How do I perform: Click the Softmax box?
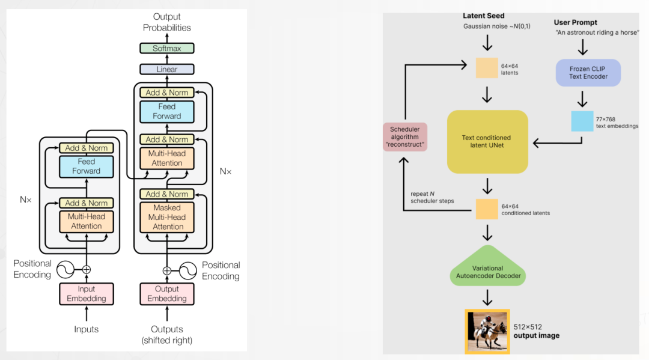point(166,48)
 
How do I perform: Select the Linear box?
point(166,69)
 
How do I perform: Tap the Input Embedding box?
point(87,294)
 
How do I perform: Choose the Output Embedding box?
point(166,294)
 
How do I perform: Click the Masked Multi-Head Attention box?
point(168,217)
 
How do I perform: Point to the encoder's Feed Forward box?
point(87,166)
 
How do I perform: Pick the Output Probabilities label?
point(166,22)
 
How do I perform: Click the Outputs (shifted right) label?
point(166,334)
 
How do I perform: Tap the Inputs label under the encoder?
point(87,329)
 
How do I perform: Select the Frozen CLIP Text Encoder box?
point(588,73)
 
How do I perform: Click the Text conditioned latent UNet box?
point(487,142)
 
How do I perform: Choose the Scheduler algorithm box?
point(405,137)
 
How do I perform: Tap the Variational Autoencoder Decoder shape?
point(487,268)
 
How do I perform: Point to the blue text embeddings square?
point(582,121)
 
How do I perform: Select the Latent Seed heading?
point(483,16)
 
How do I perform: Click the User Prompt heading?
point(575,23)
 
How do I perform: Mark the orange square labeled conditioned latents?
point(487,209)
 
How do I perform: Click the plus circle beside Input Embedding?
point(87,270)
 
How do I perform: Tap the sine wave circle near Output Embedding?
point(187,270)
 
